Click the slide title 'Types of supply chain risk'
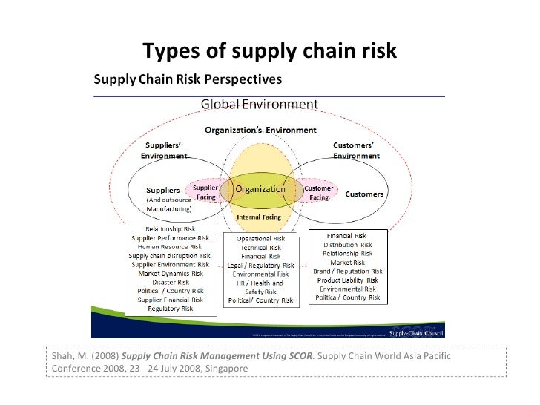(x=269, y=51)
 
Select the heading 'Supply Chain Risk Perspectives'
(x=185, y=78)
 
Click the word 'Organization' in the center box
(x=260, y=188)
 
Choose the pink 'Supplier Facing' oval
(x=205, y=193)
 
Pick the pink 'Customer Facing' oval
(x=316, y=193)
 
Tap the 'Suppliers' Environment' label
(x=164, y=151)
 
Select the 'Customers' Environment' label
(x=356, y=151)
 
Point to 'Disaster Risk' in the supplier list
(x=170, y=282)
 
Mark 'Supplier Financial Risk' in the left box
(x=170, y=299)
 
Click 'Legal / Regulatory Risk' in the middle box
(x=260, y=265)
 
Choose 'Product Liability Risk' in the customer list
(x=348, y=280)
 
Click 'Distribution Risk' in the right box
(x=348, y=244)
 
